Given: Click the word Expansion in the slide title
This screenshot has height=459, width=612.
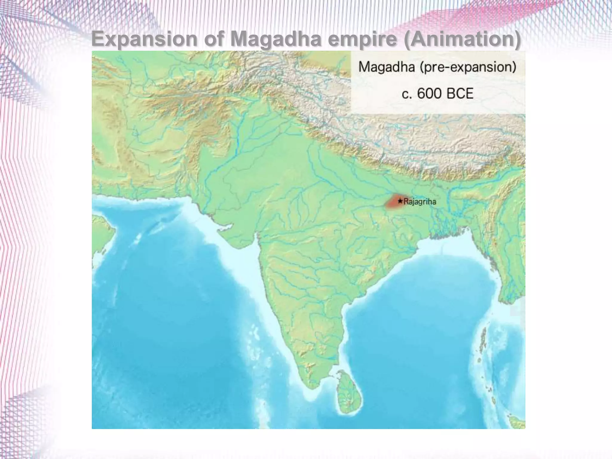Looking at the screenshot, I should [x=144, y=39].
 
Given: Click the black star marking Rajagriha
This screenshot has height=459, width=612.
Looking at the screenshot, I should [x=400, y=201].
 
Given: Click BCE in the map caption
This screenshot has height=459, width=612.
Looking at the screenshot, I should [x=460, y=94].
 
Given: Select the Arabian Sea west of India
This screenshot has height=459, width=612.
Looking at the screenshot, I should [x=179, y=299].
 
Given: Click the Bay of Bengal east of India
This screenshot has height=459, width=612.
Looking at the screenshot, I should [x=418, y=299].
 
